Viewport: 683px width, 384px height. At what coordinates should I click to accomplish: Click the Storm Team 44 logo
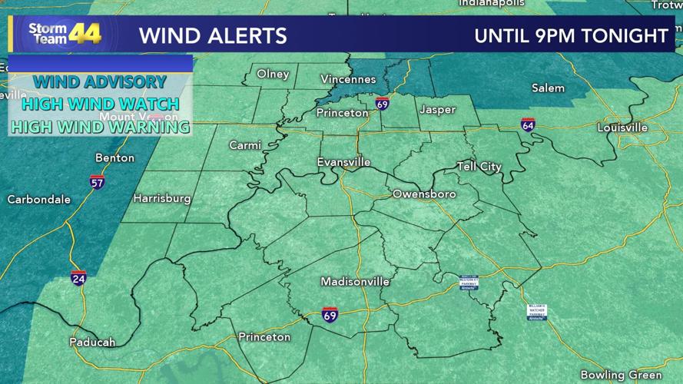tap(65, 34)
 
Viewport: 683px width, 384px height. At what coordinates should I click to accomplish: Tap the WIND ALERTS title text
tap(213, 35)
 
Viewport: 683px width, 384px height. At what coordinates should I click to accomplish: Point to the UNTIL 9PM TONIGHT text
tap(571, 35)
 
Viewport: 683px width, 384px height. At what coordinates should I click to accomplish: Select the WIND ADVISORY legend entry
tap(100, 81)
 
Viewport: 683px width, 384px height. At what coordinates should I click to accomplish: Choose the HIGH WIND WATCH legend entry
tap(100, 104)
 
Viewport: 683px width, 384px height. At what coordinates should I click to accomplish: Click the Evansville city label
tap(343, 162)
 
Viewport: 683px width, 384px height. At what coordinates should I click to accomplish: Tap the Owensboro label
tap(424, 194)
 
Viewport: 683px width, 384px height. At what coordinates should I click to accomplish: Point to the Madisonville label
tap(355, 282)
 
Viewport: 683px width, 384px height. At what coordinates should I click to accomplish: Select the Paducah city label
tap(92, 342)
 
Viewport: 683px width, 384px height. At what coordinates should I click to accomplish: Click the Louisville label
tap(622, 127)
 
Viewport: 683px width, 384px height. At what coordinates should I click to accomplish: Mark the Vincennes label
tap(348, 79)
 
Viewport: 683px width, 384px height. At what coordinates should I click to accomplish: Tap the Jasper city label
tap(437, 110)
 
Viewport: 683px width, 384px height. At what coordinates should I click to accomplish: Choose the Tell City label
tap(479, 167)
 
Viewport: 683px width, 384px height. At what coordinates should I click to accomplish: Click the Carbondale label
tap(38, 200)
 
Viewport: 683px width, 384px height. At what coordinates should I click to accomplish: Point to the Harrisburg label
tap(162, 198)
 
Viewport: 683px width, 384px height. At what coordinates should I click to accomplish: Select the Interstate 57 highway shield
tap(97, 182)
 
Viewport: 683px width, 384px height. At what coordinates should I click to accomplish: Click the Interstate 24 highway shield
tap(78, 278)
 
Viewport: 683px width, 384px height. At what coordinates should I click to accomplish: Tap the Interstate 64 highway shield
tap(528, 124)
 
